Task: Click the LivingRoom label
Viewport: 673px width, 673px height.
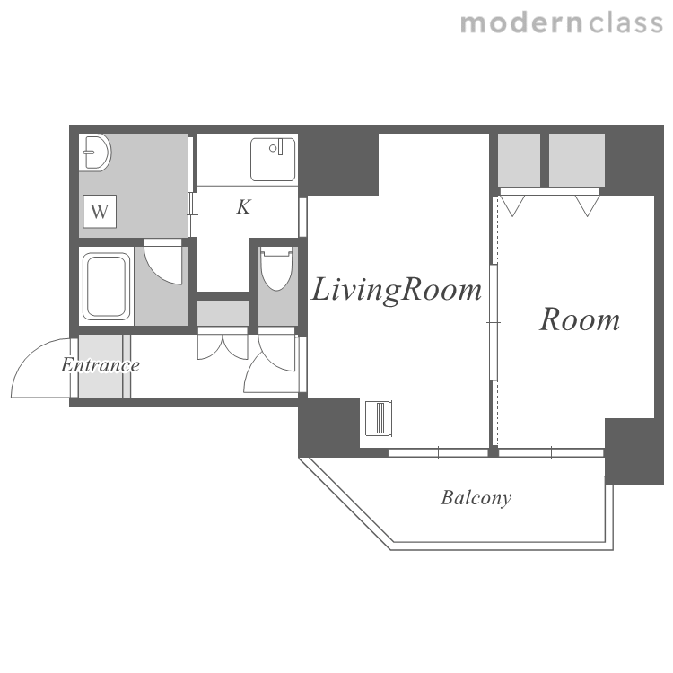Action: pyautogui.click(x=396, y=290)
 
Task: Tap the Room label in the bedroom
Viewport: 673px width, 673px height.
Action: pyautogui.click(x=580, y=319)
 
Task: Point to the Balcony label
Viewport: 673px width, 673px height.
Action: pyautogui.click(x=476, y=498)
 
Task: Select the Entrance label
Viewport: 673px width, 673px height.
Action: pyautogui.click(x=101, y=365)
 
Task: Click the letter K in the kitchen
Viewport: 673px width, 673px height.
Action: pyautogui.click(x=243, y=207)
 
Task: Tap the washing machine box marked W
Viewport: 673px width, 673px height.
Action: pyautogui.click(x=100, y=212)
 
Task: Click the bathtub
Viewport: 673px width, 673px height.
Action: pyautogui.click(x=107, y=286)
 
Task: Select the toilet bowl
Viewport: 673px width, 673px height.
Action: pyautogui.click(x=277, y=268)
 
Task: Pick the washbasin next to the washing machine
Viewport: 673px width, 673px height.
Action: pyautogui.click(x=95, y=153)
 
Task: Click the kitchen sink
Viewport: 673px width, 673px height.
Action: pyautogui.click(x=273, y=159)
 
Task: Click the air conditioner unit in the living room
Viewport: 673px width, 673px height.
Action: pyautogui.click(x=379, y=418)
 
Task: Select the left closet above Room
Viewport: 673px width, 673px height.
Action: pyautogui.click(x=519, y=160)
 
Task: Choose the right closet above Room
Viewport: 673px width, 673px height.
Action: pyautogui.click(x=577, y=160)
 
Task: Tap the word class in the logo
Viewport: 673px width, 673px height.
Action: pyautogui.click(x=626, y=23)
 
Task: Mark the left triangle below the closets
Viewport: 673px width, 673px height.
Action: pyautogui.click(x=512, y=205)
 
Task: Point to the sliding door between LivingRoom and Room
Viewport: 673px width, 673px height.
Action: pyautogui.click(x=494, y=322)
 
